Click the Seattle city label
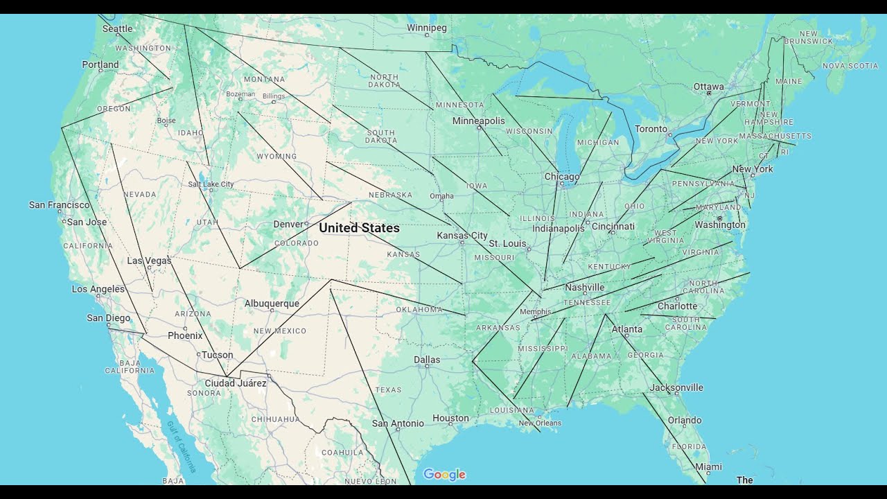tap(117, 28)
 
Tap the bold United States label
tap(359, 227)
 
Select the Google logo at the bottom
tap(444, 475)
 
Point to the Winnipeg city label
tap(426, 28)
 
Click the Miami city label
tap(708, 467)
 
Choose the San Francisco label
tap(59, 204)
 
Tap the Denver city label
tap(288, 224)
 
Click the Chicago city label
tap(561, 177)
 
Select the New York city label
tap(753, 169)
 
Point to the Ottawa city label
tap(708, 87)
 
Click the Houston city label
tap(450, 418)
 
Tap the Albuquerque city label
tap(272, 304)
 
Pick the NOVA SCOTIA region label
tap(850, 66)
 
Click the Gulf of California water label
tap(182, 446)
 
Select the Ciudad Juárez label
tap(236, 383)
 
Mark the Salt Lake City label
tap(211, 184)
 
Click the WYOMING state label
tap(276, 156)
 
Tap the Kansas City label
tap(462, 236)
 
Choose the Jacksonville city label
tap(676, 387)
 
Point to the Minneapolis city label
tap(478, 121)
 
